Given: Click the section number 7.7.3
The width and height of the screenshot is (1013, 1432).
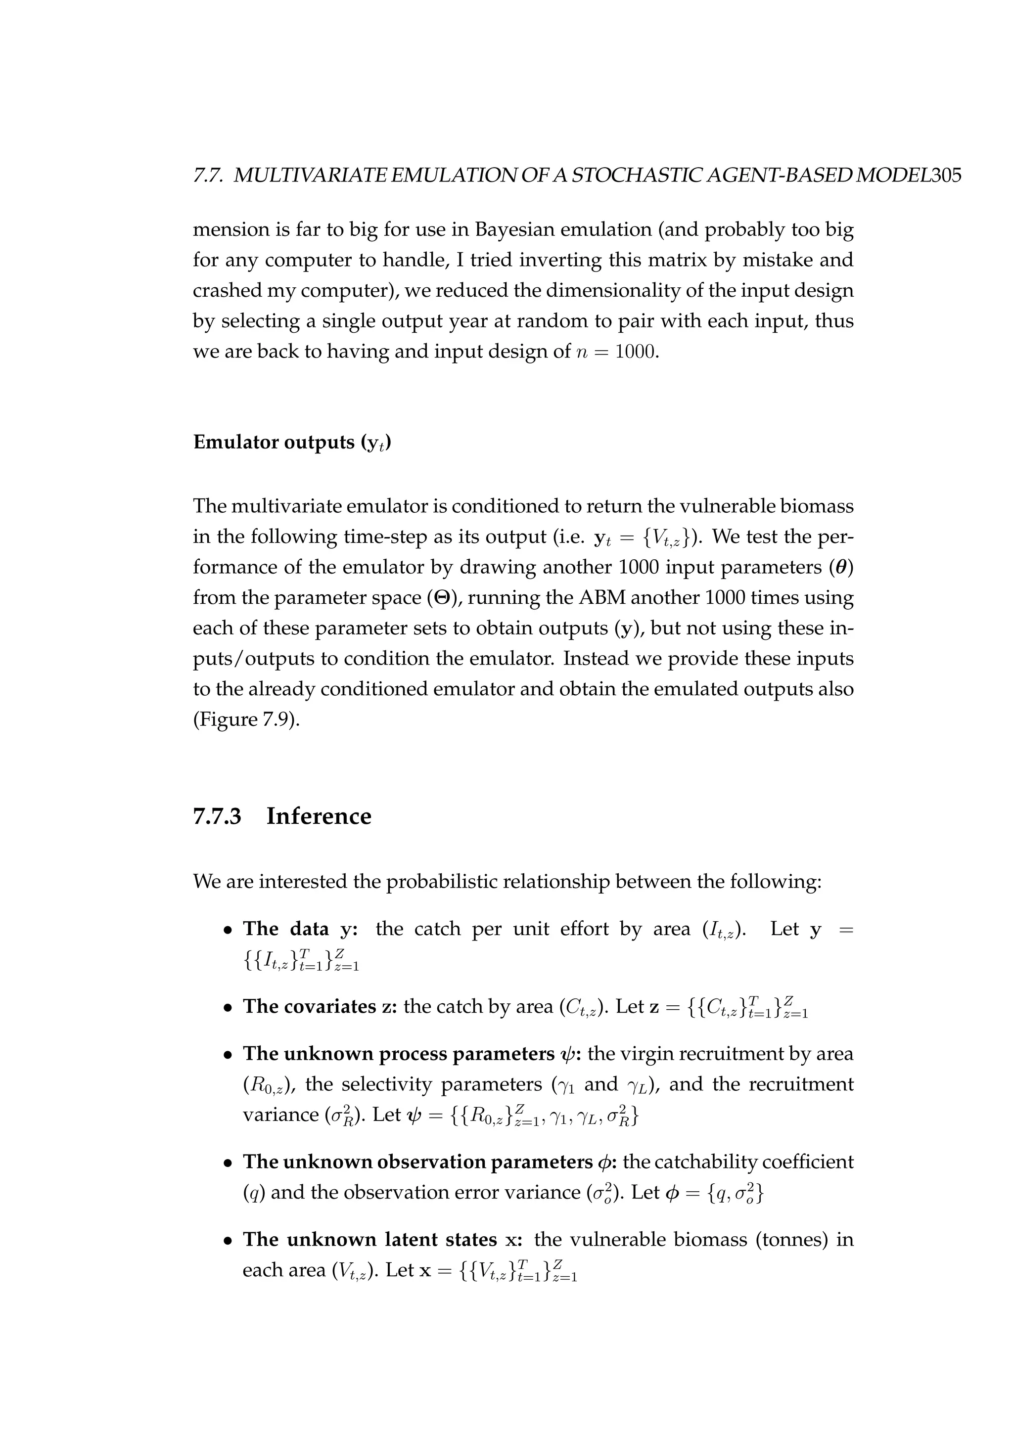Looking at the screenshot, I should pos(217,816).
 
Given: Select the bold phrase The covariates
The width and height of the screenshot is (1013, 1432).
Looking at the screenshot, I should pos(309,1006).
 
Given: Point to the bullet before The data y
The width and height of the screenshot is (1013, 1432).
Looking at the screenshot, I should pos(229,931).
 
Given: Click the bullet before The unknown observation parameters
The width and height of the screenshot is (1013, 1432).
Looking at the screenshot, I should pos(229,1163).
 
